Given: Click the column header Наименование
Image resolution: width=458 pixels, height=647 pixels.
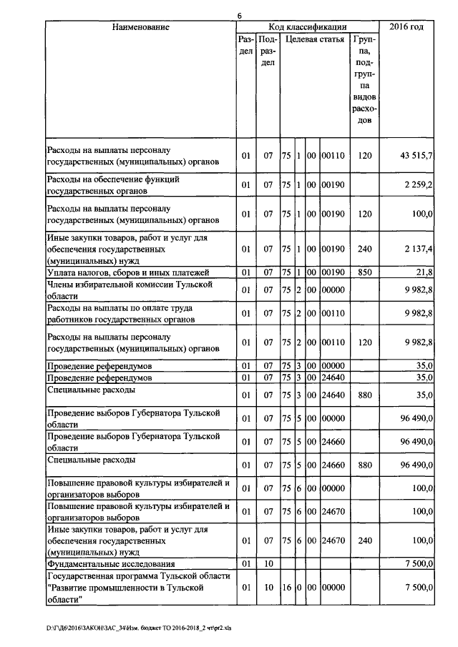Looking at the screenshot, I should pyautogui.click(x=140, y=27).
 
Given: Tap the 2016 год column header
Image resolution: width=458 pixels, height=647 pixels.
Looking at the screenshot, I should pyautogui.click(x=406, y=27).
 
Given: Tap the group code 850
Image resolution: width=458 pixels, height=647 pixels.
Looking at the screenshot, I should pyautogui.click(x=365, y=272).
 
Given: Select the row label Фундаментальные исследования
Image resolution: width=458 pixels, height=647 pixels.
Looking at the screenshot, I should pyautogui.click(x=111, y=564).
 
